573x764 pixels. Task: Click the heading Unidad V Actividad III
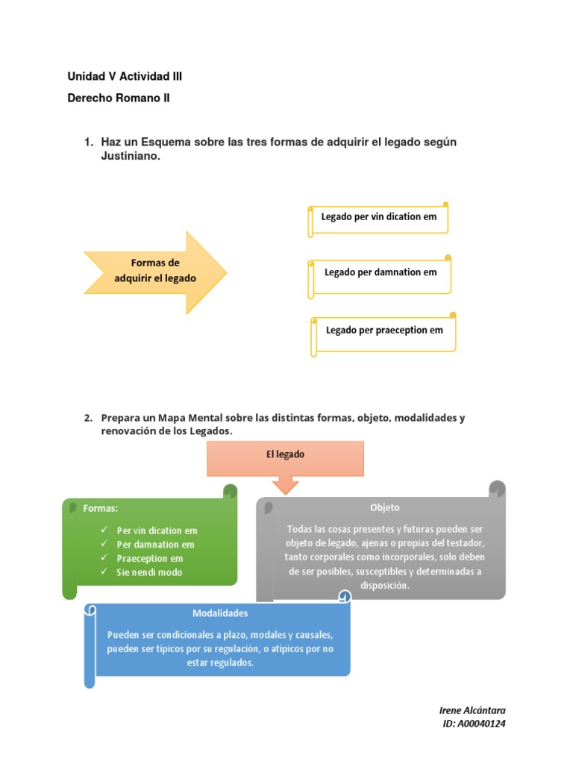click(125, 76)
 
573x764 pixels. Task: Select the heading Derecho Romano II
click(119, 98)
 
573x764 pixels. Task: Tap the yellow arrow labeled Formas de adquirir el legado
click(155, 271)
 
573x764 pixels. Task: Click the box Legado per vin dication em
click(379, 217)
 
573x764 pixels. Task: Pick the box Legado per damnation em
click(381, 272)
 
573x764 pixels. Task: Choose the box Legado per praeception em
click(384, 330)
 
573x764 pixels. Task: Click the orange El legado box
click(286, 454)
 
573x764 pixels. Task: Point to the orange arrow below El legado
click(286, 485)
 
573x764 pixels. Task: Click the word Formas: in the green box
click(101, 508)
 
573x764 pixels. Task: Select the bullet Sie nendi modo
click(149, 572)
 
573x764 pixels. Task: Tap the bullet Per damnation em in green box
click(155, 545)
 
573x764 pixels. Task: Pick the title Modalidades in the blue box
click(220, 613)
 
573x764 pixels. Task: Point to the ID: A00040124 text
click(475, 724)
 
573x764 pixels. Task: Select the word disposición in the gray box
click(385, 586)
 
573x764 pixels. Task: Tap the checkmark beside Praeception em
click(104, 558)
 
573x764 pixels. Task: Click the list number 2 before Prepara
click(87, 418)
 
